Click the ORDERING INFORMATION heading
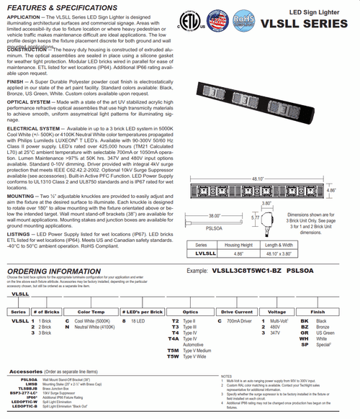tap(54, 271)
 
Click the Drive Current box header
tap(235, 311)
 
